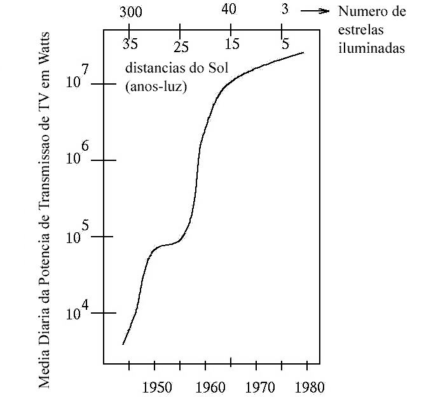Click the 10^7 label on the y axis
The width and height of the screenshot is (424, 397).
point(79,78)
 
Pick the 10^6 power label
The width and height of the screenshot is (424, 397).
point(79,154)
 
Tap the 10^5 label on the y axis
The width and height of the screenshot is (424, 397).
point(79,230)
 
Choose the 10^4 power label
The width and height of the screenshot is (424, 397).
point(79,308)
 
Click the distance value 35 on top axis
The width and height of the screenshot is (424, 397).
point(130,46)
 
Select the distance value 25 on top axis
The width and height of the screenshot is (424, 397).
point(181,46)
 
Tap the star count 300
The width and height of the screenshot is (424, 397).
point(130,11)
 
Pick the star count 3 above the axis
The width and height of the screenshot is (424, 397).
point(284,9)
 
